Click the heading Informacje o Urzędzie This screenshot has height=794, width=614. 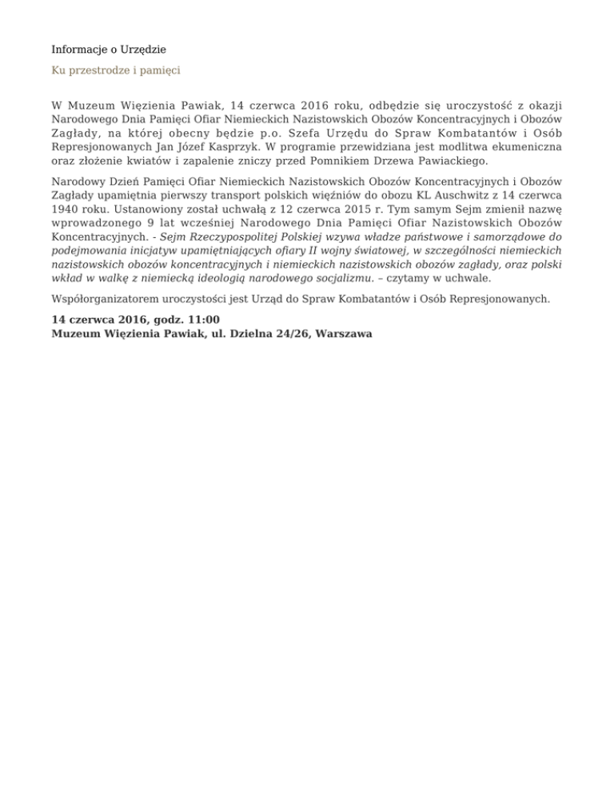tap(114, 50)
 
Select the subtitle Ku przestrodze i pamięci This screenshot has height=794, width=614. tap(116, 70)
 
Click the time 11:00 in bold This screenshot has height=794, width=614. tap(204, 321)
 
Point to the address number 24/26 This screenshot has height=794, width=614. tap(291, 335)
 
